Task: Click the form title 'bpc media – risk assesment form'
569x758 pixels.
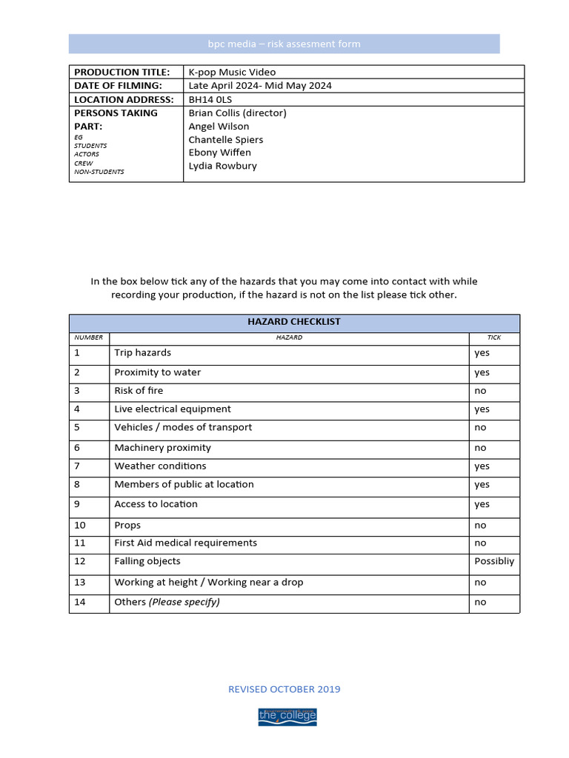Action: [284, 44]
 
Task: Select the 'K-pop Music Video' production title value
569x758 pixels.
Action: [232, 72]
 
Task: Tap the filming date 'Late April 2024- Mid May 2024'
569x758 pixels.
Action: [260, 86]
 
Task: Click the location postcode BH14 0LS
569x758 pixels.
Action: [210, 99]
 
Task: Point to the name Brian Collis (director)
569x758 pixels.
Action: [237, 113]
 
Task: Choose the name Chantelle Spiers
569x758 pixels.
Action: [225, 140]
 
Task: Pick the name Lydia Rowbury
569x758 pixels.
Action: [222, 166]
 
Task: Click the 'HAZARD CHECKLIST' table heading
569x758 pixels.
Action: [293, 322]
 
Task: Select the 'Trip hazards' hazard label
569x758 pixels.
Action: [142, 353]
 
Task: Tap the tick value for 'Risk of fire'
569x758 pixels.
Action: [480, 391]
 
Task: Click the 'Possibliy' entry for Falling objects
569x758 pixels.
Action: [493, 562]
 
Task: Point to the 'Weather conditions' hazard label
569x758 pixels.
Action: [160, 466]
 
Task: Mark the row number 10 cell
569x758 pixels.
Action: [80, 526]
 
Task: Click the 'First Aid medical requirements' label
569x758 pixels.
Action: [185, 543]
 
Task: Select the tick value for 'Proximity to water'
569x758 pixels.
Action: [482, 373]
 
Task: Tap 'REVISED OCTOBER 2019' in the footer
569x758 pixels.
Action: [284, 689]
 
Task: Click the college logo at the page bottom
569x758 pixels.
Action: [287, 716]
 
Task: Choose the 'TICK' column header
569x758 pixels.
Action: [493, 338]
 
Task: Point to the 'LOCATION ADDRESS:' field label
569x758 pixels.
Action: [124, 99]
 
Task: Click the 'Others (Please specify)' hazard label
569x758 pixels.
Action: [167, 602]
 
